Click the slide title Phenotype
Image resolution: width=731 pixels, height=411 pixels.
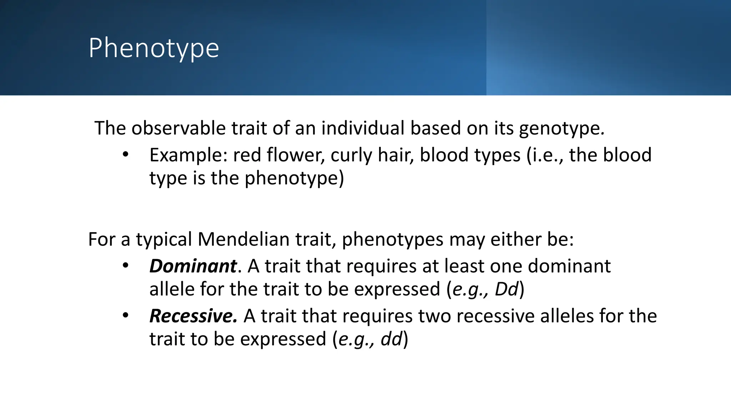click(153, 48)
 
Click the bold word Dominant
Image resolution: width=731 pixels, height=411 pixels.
click(193, 266)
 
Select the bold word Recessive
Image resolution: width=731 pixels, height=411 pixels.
click(193, 316)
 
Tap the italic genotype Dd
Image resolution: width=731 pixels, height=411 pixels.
click(506, 289)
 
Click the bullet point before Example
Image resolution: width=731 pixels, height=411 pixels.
click(125, 155)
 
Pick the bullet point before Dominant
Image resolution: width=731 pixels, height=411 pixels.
click(125, 266)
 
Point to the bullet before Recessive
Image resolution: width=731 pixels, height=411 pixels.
click(125, 316)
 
